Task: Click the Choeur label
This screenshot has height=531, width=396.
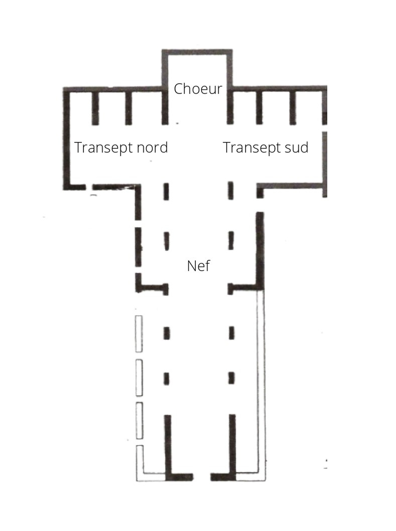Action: pyautogui.click(x=198, y=89)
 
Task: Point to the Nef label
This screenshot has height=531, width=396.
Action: pyautogui.click(x=198, y=266)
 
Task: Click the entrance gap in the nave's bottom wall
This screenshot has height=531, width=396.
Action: pyautogui.click(x=202, y=477)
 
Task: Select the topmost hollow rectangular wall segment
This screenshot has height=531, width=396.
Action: pyautogui.click(x=139, y=334)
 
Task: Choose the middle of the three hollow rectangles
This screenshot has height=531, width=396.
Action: pyautogui.click(x=139, y=377)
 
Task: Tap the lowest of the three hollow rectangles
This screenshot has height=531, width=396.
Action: pyautogui.click(x=139, y=421)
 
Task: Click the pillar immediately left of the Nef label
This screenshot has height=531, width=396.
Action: pyautogui.click(x=166, y=241)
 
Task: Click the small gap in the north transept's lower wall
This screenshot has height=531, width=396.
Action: pyautogui.click(x=89, y=187)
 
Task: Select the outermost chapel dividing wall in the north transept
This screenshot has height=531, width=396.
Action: pyautogui.click(x=95, y=108)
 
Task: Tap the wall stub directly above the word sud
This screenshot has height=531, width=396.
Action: pyautogui.click(x=293, y=108)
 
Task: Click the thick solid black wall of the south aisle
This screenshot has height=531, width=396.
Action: pyautogui.click(x=260, y=251)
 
